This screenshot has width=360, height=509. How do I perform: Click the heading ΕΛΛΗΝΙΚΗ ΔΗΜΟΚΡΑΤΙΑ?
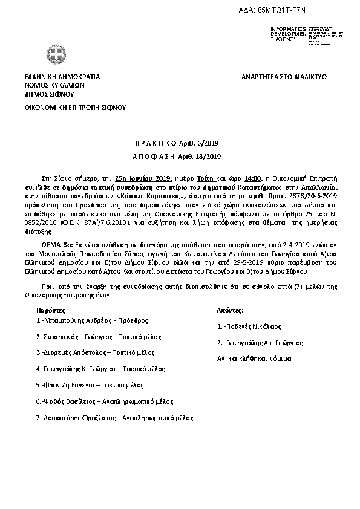pos(62,77)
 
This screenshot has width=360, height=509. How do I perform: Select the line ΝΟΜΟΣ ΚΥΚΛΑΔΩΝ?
pos(54,86)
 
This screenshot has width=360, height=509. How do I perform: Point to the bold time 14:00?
pos(254,178)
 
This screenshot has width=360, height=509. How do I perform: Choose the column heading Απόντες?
pos(231,309)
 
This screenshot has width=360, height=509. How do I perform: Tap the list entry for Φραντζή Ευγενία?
pos(90,384)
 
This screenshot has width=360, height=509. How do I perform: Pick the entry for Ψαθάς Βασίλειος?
pos(104,401)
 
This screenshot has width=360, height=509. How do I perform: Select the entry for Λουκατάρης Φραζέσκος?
pos(114,417)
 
